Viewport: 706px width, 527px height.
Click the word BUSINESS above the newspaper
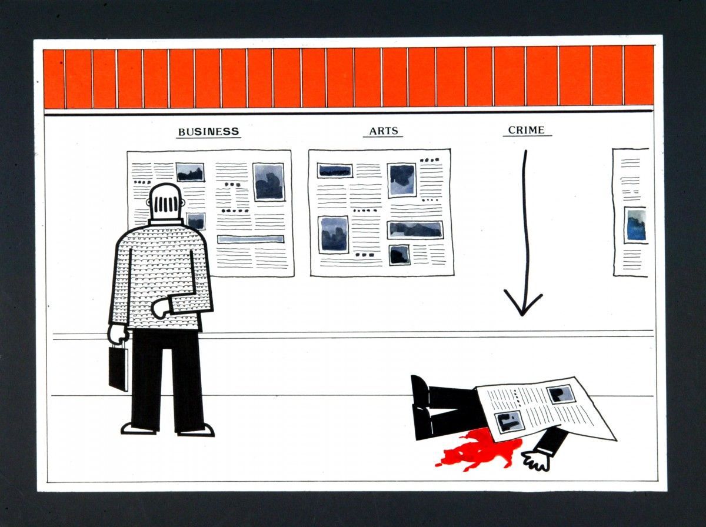(208, 132)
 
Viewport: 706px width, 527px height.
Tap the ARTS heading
(384, 131)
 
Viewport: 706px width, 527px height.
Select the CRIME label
(527, 130)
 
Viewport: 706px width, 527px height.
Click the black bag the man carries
(118, 368)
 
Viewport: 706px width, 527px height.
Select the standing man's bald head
(166, 202)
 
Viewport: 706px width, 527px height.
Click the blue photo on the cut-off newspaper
(636, 225)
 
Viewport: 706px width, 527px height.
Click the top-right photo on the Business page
(268, 182)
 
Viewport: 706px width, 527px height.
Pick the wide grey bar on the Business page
(251, 239)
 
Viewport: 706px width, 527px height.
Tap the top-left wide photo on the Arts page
(335, 171)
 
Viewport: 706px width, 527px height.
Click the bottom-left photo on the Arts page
(333, 235)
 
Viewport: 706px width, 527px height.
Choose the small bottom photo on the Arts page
(399, 255)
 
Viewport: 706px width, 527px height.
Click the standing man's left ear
(148, 202)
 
